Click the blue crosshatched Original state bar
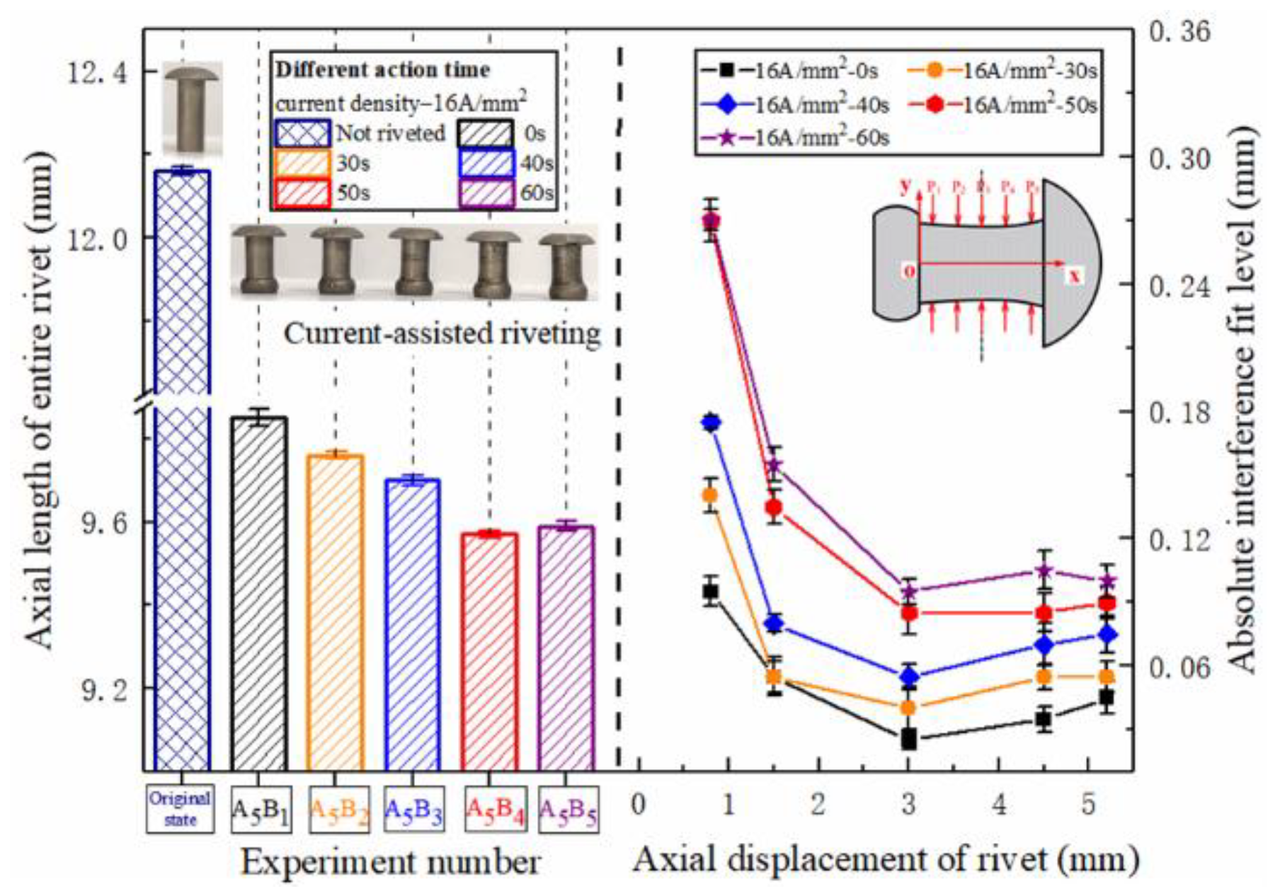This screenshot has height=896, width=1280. pos(182,467)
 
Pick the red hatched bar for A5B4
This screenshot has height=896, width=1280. pos(489,651)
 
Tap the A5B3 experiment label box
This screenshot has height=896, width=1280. pos(414,809)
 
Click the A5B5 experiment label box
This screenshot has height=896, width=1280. pos(568,809)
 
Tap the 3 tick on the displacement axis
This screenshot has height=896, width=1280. pos(908,805)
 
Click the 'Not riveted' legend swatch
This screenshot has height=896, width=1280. pos(302,134)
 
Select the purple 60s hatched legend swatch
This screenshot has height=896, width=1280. pos(486,194)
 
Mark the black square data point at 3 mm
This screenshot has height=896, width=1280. pos(909,740)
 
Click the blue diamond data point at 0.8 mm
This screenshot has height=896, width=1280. pos(712,423)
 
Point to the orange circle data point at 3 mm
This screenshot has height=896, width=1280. pos(909,707)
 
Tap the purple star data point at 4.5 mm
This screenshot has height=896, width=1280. pos(1044,570)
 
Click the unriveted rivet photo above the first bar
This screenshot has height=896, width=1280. pos(192,107)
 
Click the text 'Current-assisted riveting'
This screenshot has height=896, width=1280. pos(442,333)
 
